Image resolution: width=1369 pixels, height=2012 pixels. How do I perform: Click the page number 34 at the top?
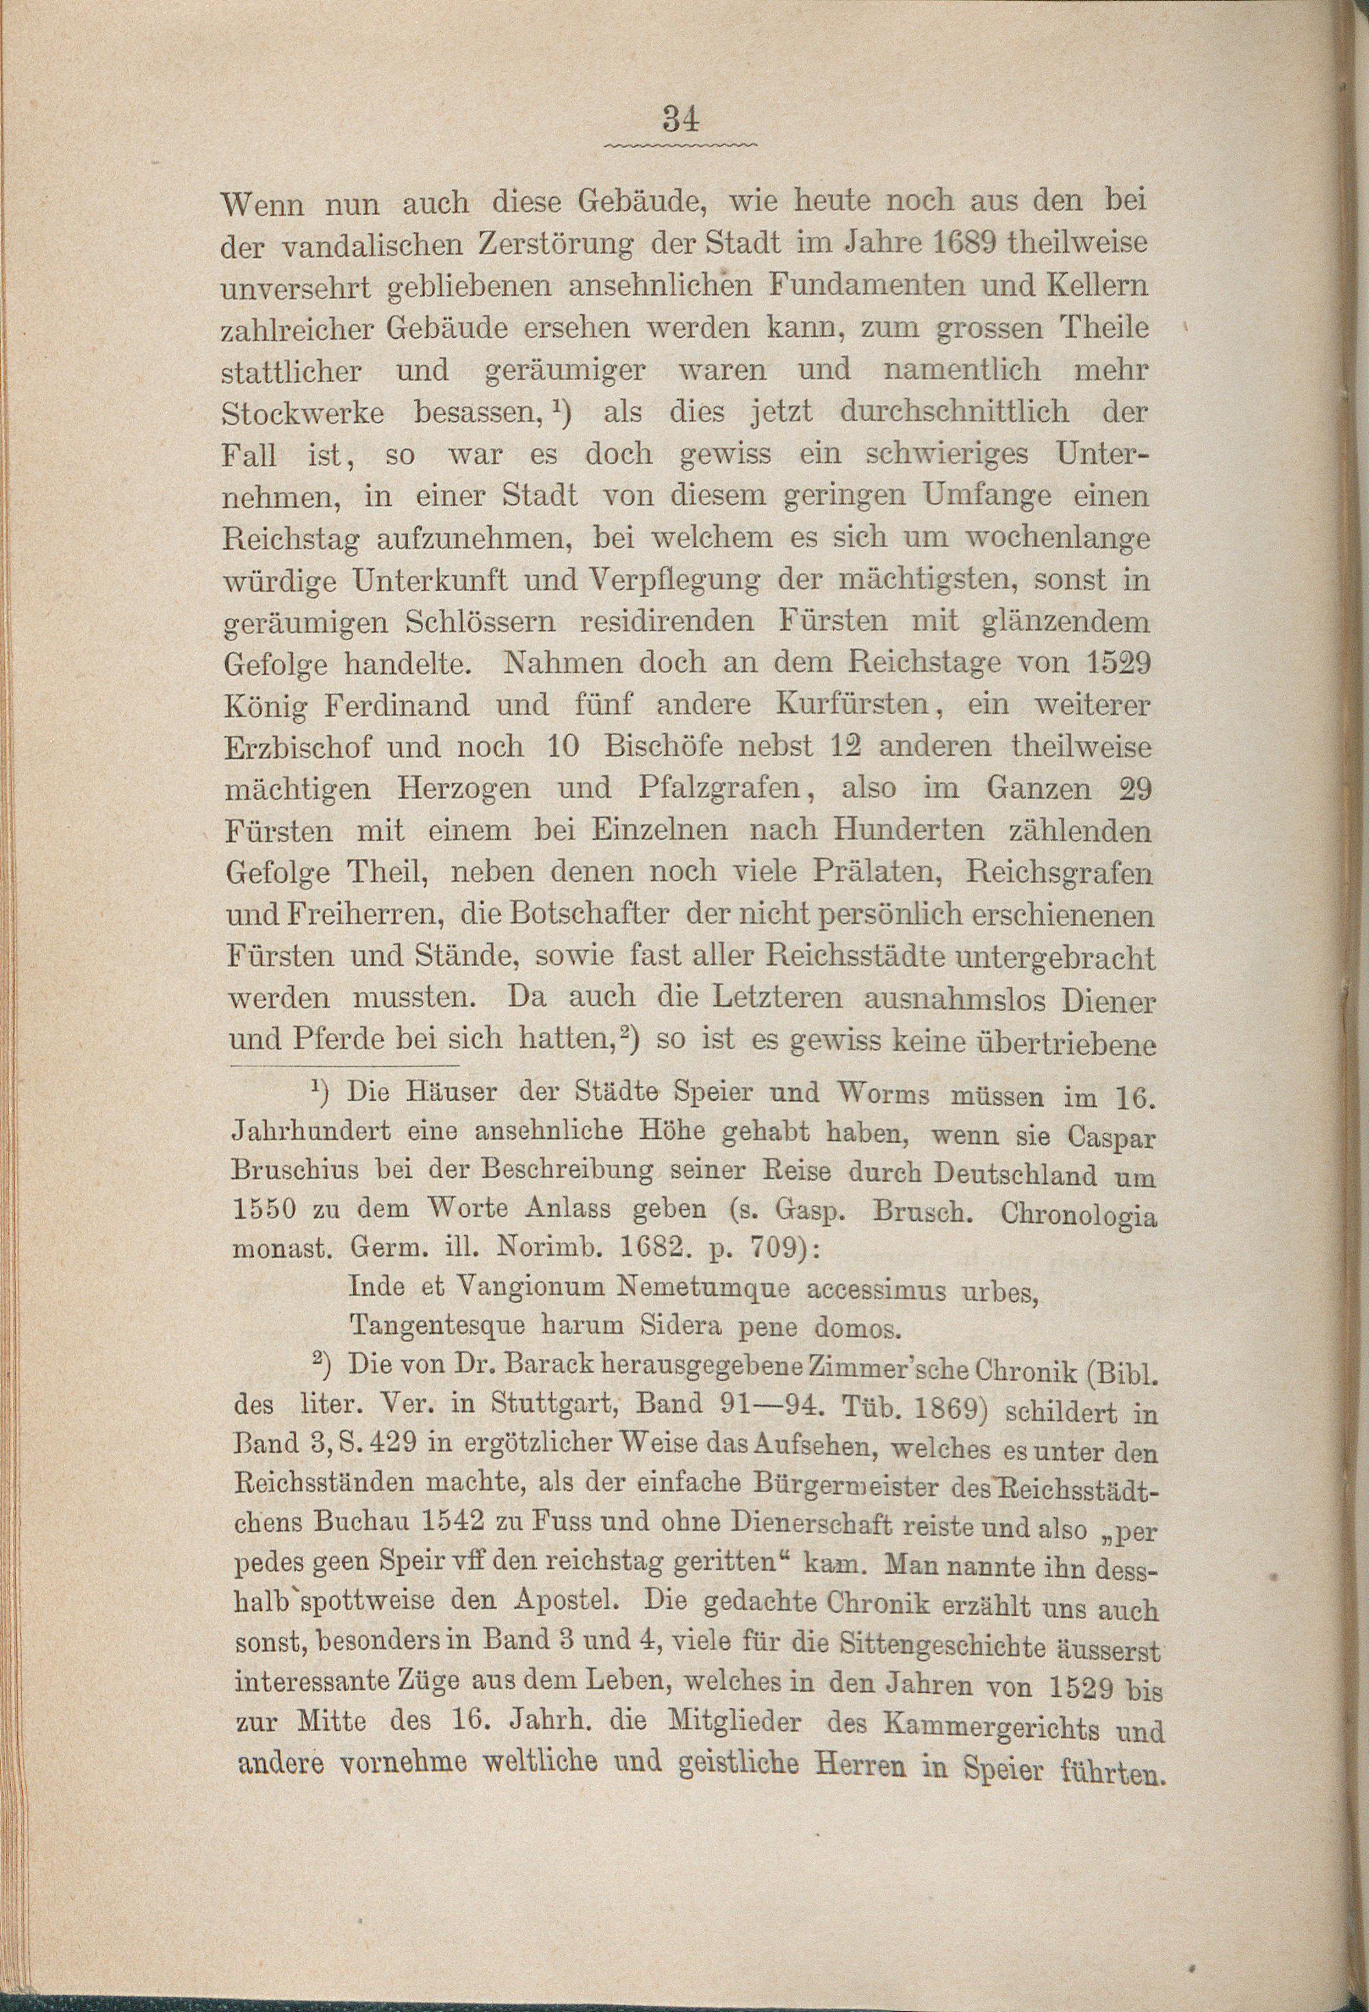pos(681,118)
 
